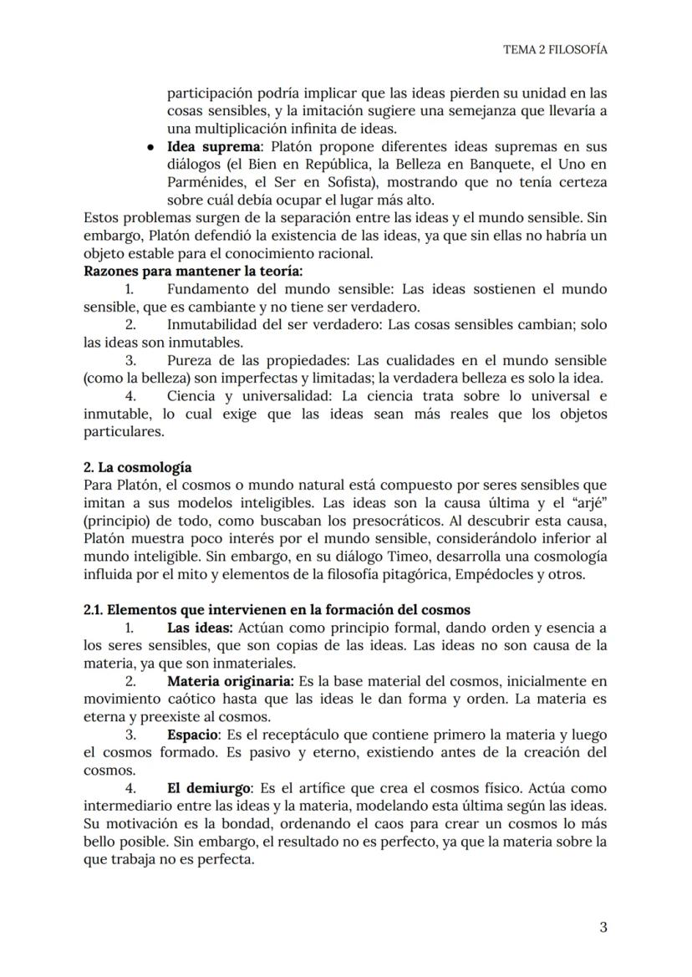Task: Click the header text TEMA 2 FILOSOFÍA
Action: (554, 49)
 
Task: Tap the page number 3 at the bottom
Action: (603, 927)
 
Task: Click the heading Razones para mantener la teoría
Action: (193, 271)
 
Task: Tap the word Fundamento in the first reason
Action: (206, 289)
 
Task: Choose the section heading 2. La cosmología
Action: (137, 467)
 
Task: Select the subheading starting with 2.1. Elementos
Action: (277, 610)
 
